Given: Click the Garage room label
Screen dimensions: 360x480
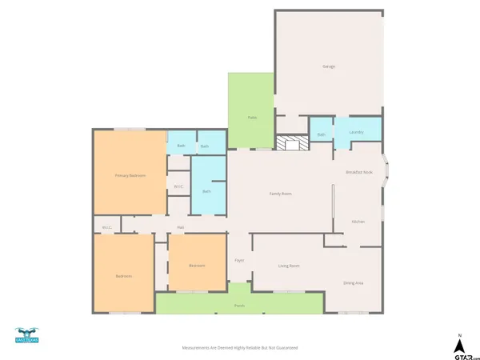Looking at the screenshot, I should pos(328,66).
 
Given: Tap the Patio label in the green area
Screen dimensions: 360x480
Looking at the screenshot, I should pos(251,118).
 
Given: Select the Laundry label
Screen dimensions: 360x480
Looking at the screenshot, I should pos(357,132).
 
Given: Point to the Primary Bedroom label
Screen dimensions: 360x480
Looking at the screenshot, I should pos(130,175).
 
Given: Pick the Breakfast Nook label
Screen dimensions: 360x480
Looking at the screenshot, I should pos(358,172).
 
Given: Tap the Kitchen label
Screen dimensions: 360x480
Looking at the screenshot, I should pos(358,222).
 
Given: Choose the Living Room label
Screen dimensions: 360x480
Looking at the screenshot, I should pos(288,265).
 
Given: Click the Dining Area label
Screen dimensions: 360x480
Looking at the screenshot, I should pos(354,282).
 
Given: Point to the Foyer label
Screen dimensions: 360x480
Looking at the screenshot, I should pos(238,261).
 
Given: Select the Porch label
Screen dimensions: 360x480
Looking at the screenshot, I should pos(239,306).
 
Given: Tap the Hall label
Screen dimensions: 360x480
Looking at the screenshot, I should pos(182,227).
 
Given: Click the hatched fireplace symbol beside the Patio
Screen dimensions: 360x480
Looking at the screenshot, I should pos(292,142).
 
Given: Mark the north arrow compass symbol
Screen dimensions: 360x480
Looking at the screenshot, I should pos(459,344).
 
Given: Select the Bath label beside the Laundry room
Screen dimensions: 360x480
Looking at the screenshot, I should pos(321,134).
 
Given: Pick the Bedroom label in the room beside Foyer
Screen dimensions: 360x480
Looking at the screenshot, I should pos(197,266).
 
